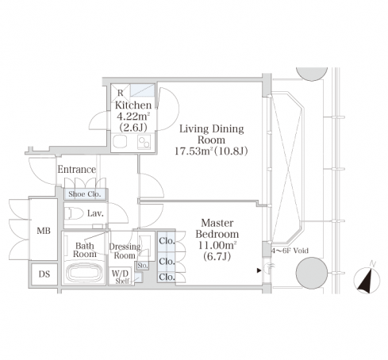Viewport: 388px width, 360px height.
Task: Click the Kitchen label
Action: click(133, 105)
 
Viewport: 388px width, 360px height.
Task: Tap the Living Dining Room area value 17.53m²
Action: click(194, 151)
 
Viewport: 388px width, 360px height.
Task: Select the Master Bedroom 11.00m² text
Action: click(217, 246)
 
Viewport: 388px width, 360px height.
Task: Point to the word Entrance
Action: click(77, 170)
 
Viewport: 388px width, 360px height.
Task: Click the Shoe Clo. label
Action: click(85, 194)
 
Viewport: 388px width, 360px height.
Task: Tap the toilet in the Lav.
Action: click(74, 213)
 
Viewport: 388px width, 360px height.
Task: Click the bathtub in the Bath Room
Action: click(84, 272)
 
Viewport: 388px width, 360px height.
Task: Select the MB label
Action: click(44, 231)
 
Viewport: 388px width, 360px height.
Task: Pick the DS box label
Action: click(44, 274)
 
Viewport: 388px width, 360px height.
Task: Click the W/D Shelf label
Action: click(121, 277)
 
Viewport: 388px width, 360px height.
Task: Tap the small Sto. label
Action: click(143, 266)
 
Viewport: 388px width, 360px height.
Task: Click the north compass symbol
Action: click(367, 278)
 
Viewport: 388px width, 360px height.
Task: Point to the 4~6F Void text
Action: click(290, 251)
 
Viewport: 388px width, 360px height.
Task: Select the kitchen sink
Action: click(120, 141)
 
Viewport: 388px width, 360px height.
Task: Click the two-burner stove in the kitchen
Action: click(144, 142)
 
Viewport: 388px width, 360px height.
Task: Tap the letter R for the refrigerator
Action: click(121, 93)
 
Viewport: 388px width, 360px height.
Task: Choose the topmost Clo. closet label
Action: click(167, 241)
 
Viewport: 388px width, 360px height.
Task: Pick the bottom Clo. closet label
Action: click(167, 278)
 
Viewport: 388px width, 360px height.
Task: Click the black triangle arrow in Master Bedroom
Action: click(259, 270)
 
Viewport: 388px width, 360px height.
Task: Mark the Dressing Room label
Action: click(125, 251)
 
